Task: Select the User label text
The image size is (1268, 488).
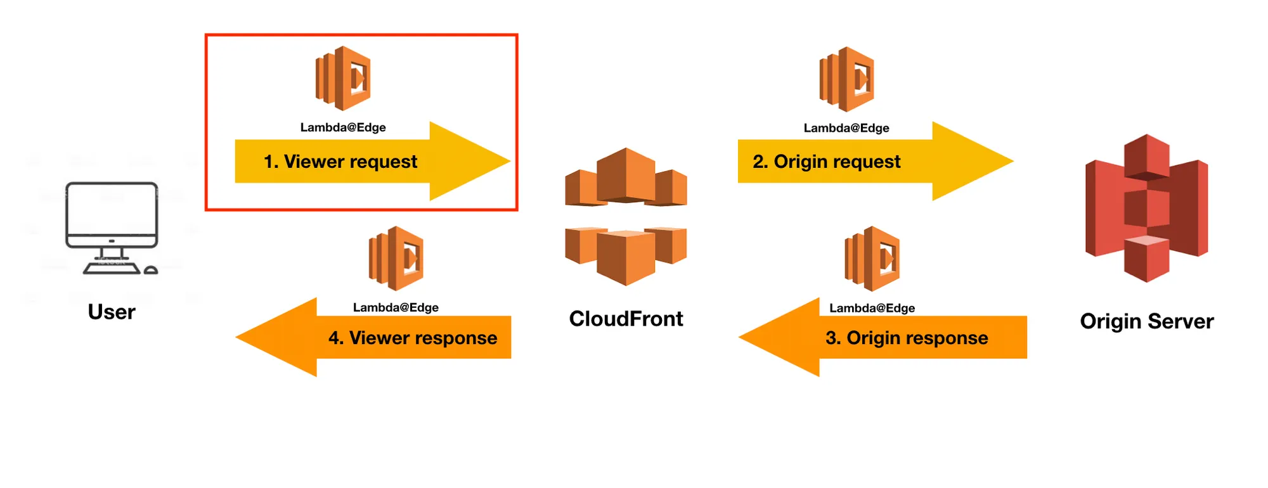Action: click(112, 312)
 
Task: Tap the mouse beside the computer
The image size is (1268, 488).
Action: click(151, 271)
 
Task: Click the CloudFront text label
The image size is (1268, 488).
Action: click(626, 319)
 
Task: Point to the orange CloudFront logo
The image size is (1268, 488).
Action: click(626, 216)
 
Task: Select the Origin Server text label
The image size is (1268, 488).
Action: click(1146, 321)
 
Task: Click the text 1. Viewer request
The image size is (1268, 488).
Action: click(340, 162)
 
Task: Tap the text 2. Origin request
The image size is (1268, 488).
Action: click(826, 162)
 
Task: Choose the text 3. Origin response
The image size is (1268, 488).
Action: click(907, 338)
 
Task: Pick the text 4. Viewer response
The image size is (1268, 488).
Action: click(413, 338)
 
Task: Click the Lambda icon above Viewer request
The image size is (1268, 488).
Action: click(343, 79)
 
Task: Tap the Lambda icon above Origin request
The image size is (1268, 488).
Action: click(847, 79)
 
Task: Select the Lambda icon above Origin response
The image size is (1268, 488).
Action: click(872, 259)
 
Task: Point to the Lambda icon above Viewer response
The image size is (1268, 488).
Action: click(396, 259)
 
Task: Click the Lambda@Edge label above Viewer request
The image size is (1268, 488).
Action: click(343, 127)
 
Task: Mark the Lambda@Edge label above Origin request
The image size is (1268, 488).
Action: click(846, 128)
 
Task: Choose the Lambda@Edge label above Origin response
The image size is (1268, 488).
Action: click(872, 308)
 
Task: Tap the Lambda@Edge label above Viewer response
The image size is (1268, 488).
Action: click(396, 307)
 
